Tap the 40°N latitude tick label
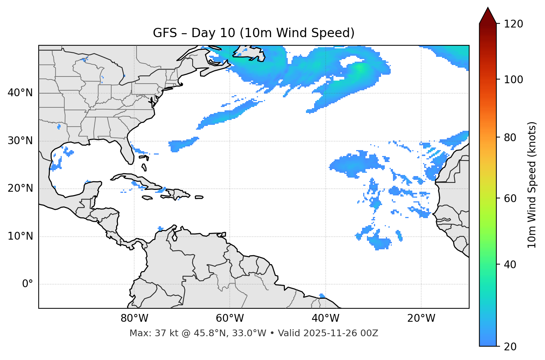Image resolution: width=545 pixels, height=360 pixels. (x=20, y=93)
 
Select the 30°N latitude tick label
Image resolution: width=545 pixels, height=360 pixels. (x=20, y=141)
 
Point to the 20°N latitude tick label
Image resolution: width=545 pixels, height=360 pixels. (x=20, y=188)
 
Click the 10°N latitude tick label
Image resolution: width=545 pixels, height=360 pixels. (x=20, y=236)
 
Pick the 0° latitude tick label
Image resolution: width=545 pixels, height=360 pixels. (x=28, y=284)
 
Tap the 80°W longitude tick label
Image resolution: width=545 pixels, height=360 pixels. (x=134, y=318)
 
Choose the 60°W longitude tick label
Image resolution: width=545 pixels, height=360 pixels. (x=230, y=318)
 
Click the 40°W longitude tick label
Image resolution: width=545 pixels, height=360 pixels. (x=325, y=318)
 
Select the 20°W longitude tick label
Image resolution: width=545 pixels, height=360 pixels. (x=421, y=318)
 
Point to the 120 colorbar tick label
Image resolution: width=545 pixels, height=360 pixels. (x=513, y=24)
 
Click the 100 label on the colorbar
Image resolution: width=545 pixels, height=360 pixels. (x=513, y=80)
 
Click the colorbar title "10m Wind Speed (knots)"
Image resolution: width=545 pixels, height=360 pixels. (x=532, y=185)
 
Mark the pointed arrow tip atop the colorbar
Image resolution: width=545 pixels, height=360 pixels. (x=488, y=8)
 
